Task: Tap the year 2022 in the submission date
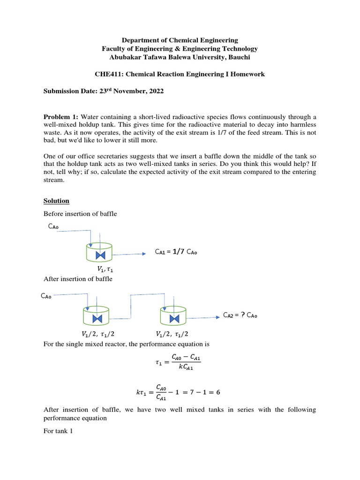pos(156,91)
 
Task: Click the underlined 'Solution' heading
pos(56,201)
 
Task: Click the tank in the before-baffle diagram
pos(99,252)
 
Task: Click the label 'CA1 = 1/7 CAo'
pos(176,252)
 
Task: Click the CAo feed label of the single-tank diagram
pos(54,227)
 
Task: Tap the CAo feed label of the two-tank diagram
pos(47,296)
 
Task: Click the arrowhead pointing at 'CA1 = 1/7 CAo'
pos(144,254)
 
